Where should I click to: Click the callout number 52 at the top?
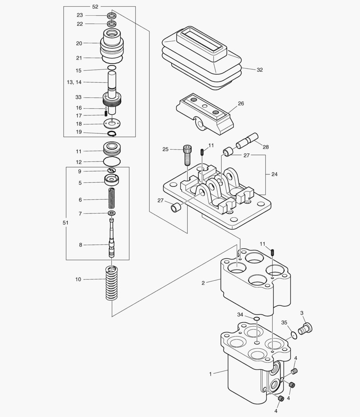coord(95,7)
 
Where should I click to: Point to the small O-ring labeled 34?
coord(257,318)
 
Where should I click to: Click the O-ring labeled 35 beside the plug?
coord(293,334)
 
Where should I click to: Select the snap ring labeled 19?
coord(112,134)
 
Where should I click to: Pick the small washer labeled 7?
coord(112,213)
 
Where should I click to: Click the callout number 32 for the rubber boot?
coord(260,70)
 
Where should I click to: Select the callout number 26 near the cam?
coord(241,103)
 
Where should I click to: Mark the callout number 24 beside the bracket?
coord(274,174)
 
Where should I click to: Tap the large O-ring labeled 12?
coord(112,161)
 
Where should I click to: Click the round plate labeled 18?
coord(112,124)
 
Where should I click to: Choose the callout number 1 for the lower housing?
coord(210,374)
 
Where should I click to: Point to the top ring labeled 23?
coord(112,16)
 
